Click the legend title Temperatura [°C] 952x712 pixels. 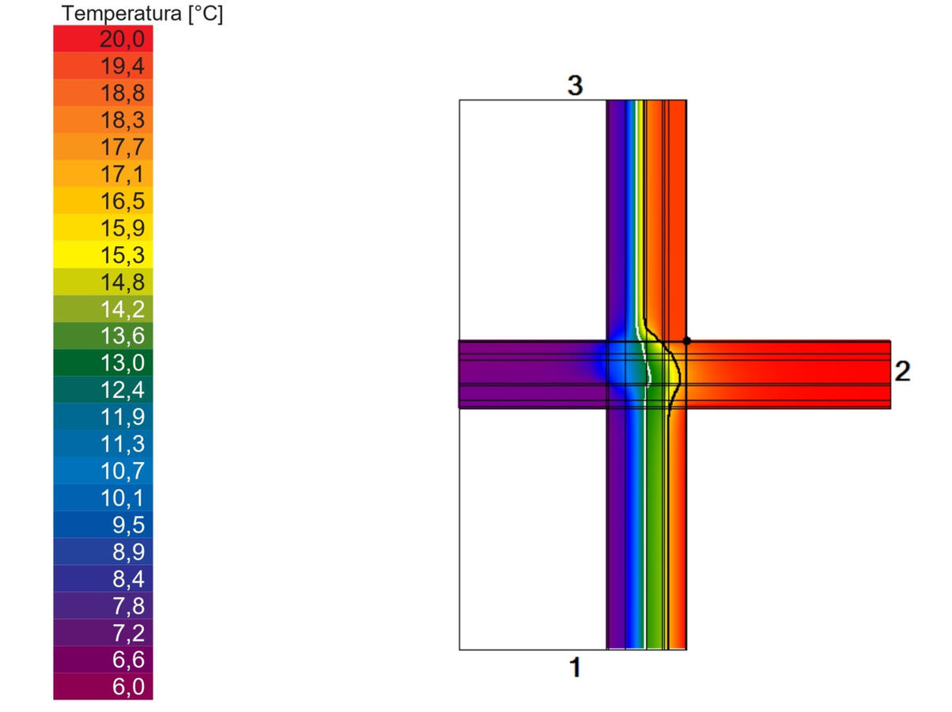[x=142, y=14]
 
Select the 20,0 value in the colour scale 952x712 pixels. [x=123, y=39]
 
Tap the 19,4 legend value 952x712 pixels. [x=123, y=66]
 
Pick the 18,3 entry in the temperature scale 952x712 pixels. [x=123, y=119]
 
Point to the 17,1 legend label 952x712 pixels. [x=123, y=174]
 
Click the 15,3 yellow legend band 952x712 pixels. [x=104, y=255]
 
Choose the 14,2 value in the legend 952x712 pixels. [x=123, y=309]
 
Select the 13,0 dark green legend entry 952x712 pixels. [x=104, y=362]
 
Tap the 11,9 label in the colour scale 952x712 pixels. [x=123, y=417]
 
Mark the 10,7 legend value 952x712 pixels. [x=123, y=471]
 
